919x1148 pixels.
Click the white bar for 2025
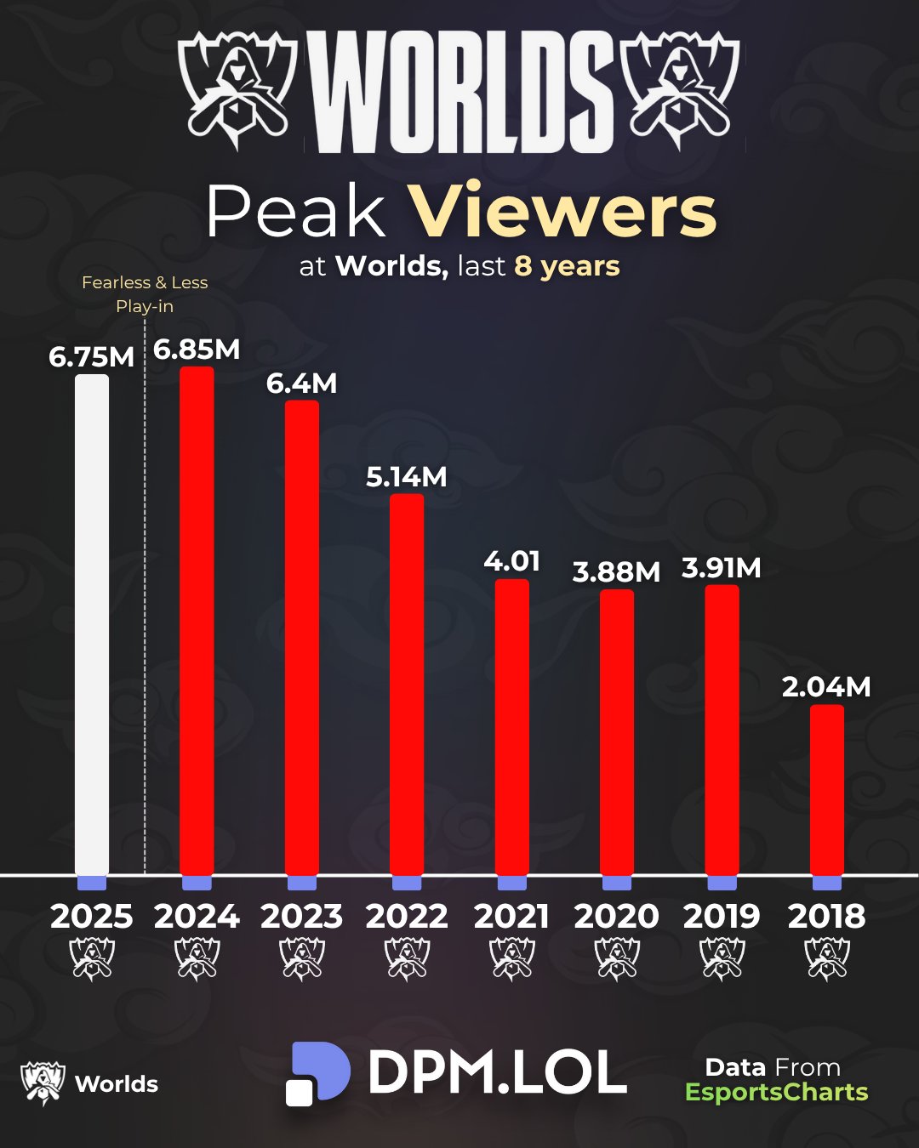pos(92,625)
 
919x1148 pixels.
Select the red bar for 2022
pos(407,685)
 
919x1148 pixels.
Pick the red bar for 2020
pos(617,731)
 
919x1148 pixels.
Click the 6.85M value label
pos(197,350)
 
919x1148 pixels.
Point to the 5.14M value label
pos(407,477)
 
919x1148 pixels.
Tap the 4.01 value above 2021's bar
pos(511,561)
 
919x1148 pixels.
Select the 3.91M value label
pos(722,568)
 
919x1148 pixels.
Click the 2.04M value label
pos(826,687)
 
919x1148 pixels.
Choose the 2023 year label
pos(302,916)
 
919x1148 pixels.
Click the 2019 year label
pos(722,916)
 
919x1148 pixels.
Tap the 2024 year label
pos(197,916)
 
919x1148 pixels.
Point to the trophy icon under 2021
pos(512,958)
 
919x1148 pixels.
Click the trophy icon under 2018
pos(826,958)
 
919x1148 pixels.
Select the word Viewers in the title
pos(562,212)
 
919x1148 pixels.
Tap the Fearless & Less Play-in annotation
pos(145,294)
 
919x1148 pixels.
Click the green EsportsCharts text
pos(776,1092)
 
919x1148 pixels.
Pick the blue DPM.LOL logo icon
pos(317,1073)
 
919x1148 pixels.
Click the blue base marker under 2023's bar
pos(302,883)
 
